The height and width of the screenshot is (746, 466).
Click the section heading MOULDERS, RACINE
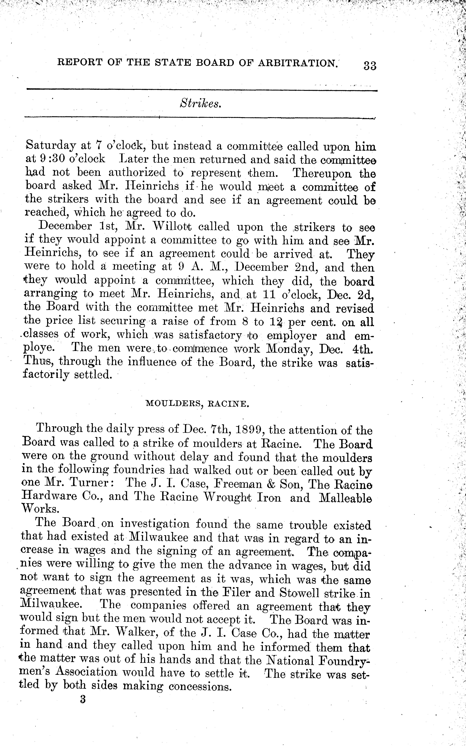197,404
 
